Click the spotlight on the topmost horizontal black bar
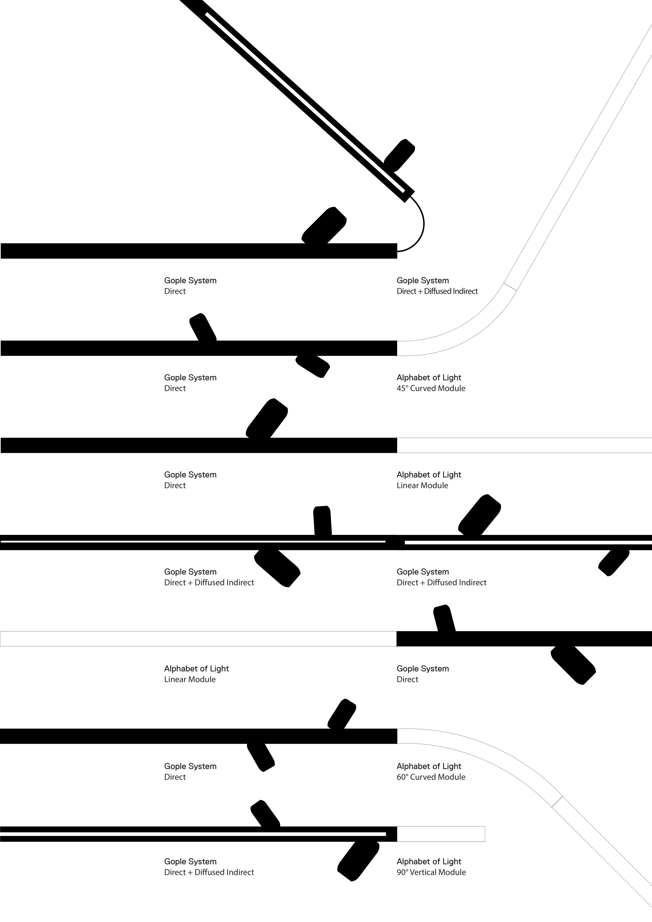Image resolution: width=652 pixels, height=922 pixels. coord(324,226)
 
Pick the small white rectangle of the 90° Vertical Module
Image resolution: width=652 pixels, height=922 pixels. coord(441,834)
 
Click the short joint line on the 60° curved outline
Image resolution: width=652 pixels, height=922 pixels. coord(557,802)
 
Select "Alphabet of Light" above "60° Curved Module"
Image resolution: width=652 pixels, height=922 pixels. coord(429,766)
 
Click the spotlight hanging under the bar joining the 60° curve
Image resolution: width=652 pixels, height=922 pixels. coord(261,756)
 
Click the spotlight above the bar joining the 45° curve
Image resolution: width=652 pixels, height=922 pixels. coord(203,327)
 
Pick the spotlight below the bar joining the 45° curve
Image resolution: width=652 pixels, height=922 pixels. coord(313,366)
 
